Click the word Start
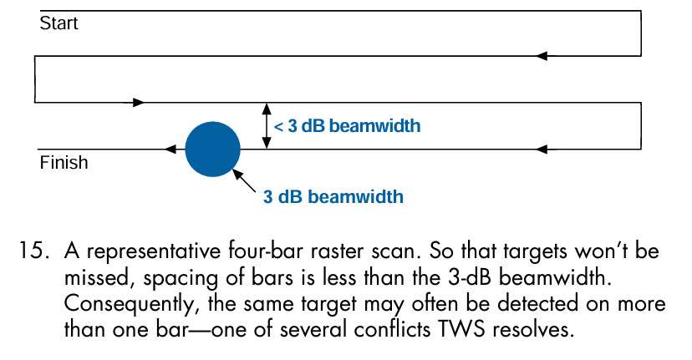point(59,23)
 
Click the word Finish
point(64,163)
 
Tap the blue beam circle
point(212,149)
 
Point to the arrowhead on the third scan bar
point(140,103)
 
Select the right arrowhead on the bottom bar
point(542,150)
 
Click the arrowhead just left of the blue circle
point(170,150)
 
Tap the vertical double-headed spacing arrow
point(267,126)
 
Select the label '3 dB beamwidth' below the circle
point(333,197)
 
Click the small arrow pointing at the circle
point(244,180)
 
